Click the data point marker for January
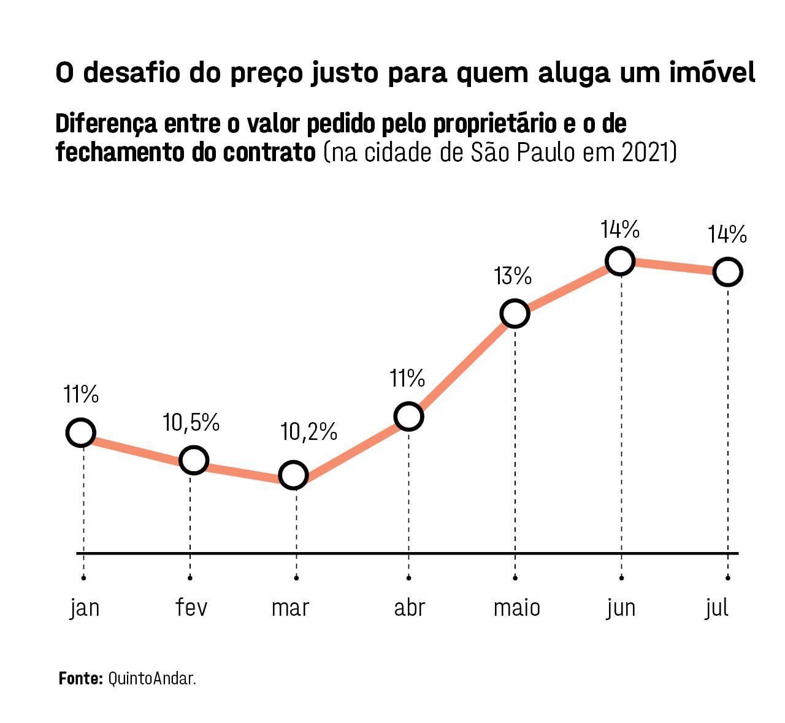coord(80,433)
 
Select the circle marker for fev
coord(193,460)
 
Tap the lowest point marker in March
coord(293,475)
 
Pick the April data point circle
coord(409,417)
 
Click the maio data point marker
coord(515,314)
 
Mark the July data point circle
coord(727,272)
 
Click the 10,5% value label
coord(191,422)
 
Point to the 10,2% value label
coord(308,432)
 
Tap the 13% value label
coord(513,276)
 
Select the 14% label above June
coord(620,229)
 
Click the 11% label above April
coord(407,379)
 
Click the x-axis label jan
coord(85,608)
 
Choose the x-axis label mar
coord(290,608)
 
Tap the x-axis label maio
coord(517,608)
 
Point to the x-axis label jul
coord(717,608)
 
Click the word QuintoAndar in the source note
coord(152,678)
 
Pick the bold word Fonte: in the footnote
coord(80,678)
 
